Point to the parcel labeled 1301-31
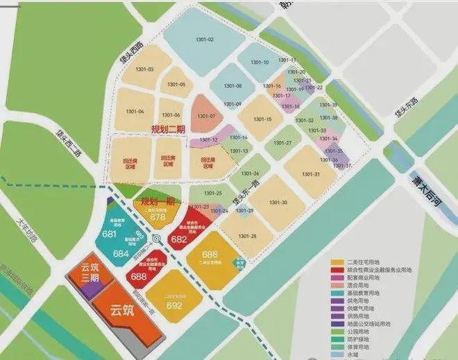pyautogui.click(x=312, y=173)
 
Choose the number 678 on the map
pyautogui.click(x=158, y=216)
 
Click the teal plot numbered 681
pyautogui.click(x=109, y=234)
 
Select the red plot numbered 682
pyautogui.click(x=178, y=239)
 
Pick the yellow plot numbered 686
pyautogui.click(x=210, y=255)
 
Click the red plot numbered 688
pyautogui.click(x=138, y=277)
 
